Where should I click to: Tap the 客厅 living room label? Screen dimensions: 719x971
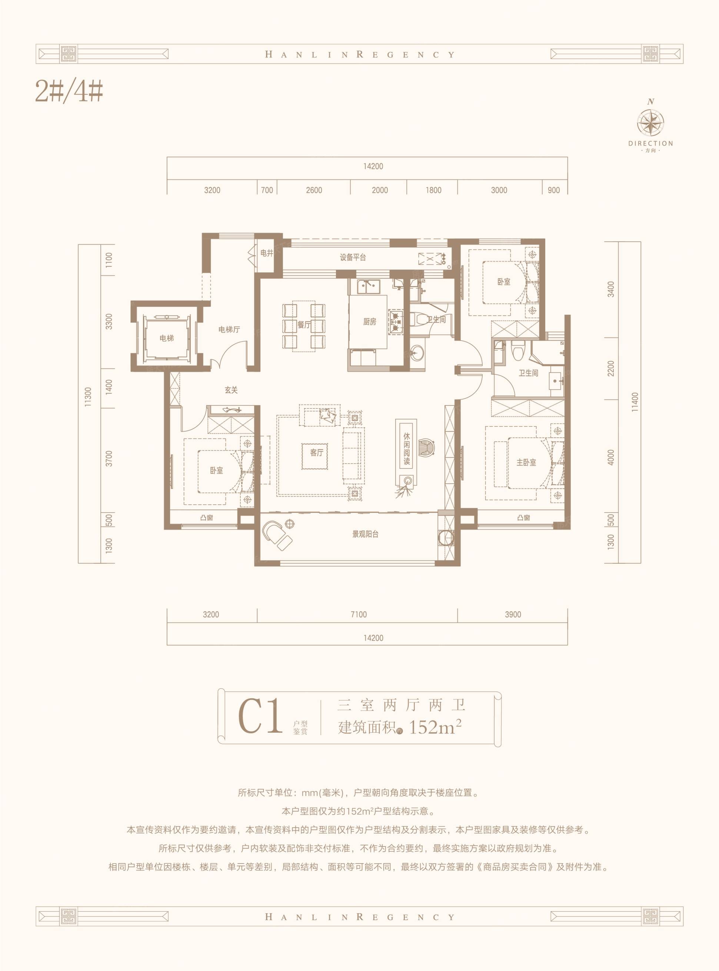[316, 453]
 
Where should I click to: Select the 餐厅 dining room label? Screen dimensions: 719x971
[304, 324]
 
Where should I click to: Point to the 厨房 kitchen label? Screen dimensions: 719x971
[370, 322]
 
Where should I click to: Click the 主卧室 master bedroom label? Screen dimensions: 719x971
[526, 463]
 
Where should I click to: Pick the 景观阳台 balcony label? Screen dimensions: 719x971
[365, 534]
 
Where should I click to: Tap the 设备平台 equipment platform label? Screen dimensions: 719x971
[353, 257]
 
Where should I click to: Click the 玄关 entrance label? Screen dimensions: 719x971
[231, 390]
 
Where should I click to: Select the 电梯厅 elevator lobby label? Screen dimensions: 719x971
[229, 329]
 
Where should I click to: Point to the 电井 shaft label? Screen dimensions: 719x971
[266, 253]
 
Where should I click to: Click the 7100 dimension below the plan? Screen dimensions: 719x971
[359, 614]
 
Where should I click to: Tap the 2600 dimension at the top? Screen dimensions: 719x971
[314, 190]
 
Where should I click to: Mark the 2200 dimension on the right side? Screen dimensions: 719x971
[611, 369]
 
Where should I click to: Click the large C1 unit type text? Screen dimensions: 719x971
[260, 716]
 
